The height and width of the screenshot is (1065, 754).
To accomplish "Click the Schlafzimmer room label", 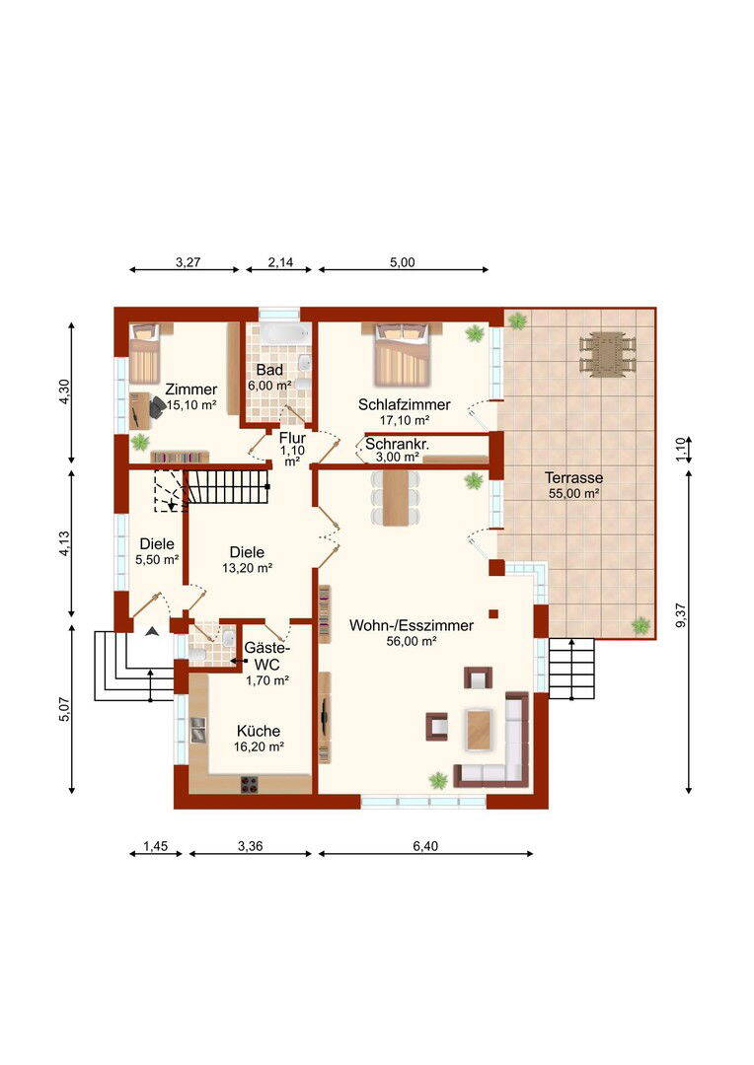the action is [x=404, y=405].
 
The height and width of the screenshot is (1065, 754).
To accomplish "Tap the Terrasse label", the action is [x=573, y=478].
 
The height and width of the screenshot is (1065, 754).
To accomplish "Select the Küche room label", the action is [x=259, y=731].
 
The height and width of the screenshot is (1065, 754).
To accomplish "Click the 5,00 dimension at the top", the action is [x=403, y=262].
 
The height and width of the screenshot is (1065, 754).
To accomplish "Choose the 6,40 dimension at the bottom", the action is [x=425, y=846].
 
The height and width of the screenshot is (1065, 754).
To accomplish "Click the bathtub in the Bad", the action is [x=284, y=333].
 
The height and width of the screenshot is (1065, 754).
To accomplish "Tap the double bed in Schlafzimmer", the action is [x=402, y=354].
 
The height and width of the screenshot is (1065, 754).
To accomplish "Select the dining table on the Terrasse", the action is [x=607, y=353].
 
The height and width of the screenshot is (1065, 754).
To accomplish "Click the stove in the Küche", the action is [x=250, y=784].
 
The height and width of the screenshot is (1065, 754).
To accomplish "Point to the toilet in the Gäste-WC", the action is [x=197, y=654].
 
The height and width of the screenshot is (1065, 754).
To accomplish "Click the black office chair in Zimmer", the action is [x=155, y=408].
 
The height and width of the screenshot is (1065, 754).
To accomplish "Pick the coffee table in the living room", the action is [x=481, y=729].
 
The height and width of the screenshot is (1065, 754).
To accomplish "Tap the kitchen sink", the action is [x=198, y=729].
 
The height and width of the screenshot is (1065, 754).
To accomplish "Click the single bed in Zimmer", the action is [x=144, y=353].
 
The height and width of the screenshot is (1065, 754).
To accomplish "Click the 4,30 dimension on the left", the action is [x=64, y=391].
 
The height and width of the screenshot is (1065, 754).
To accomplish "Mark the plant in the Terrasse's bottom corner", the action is [x=641, y=625].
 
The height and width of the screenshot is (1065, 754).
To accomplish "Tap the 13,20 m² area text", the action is [x=248, y=568].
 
